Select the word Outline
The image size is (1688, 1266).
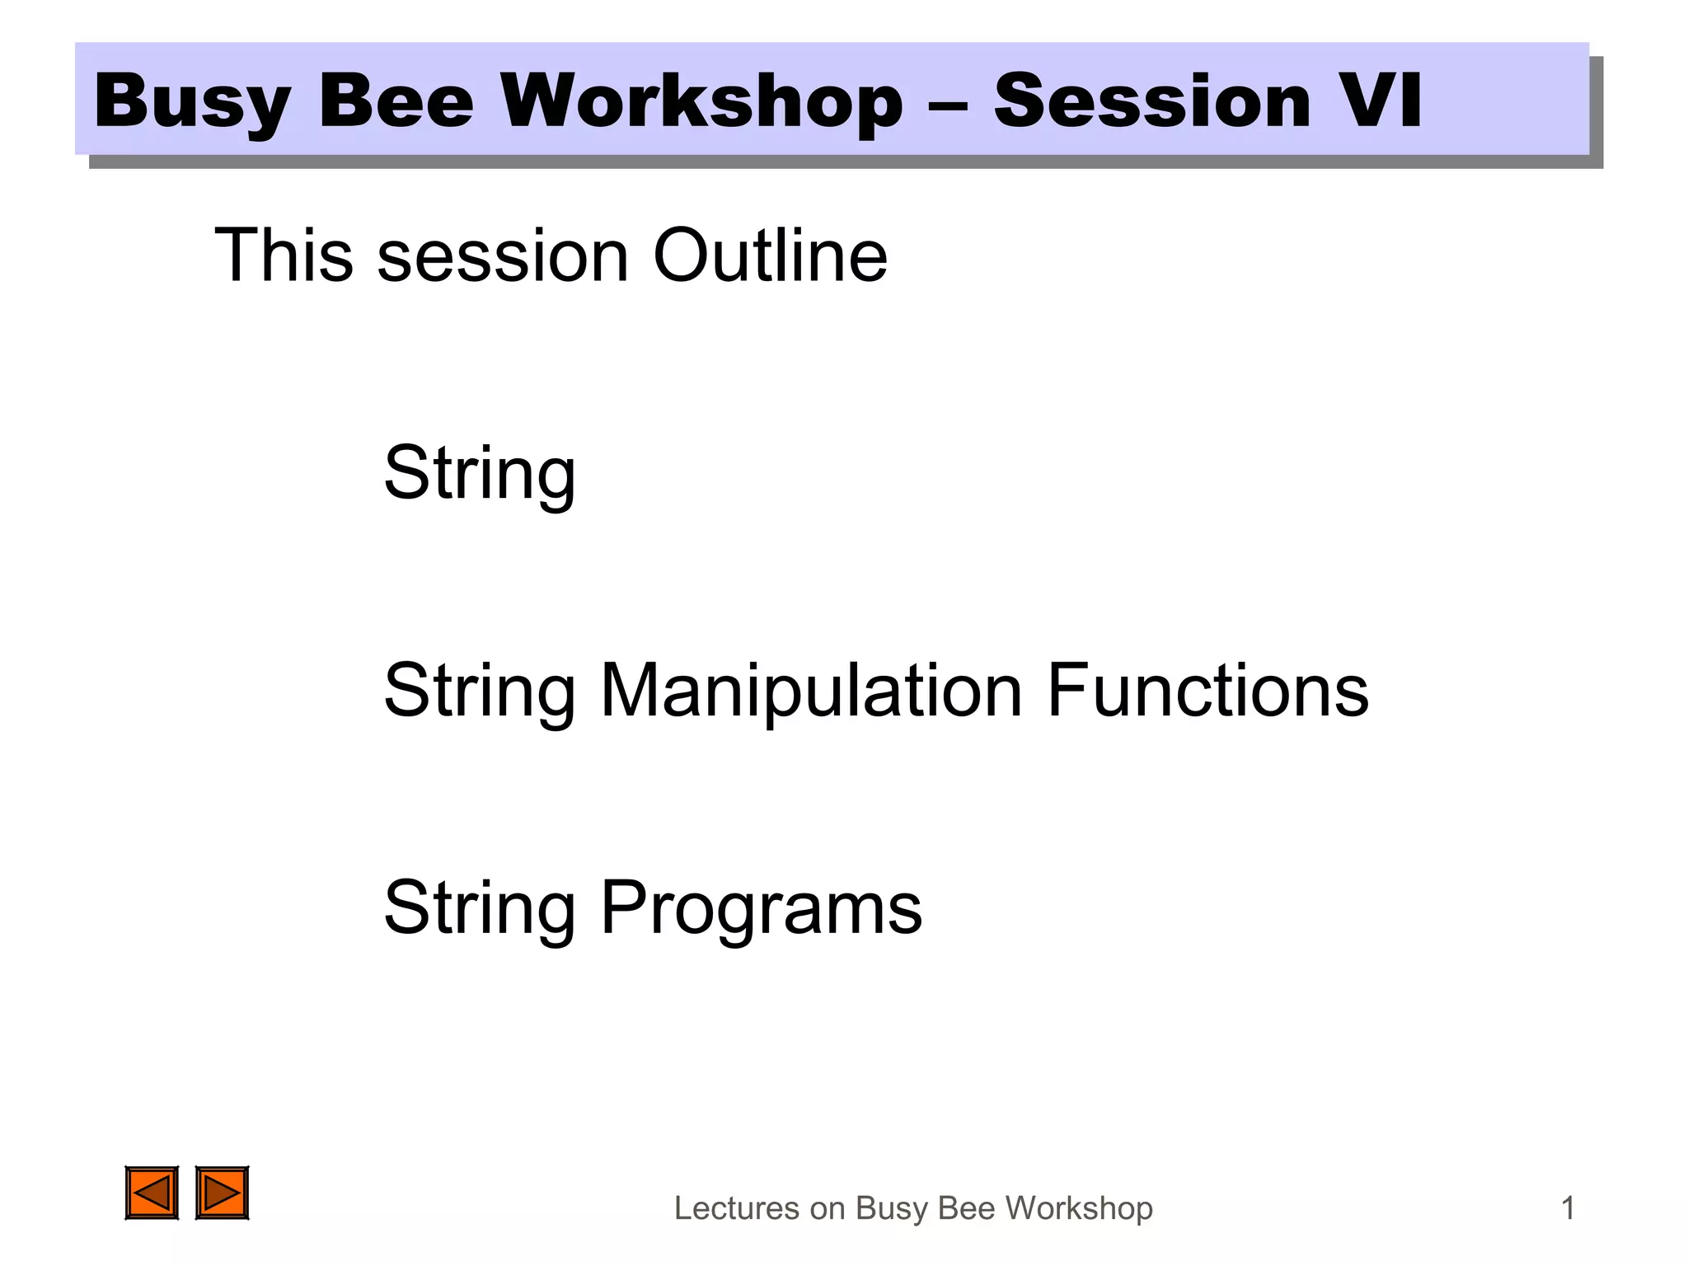coord(770,256)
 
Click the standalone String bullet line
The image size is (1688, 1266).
coord(480,473)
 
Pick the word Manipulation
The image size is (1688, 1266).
coord(811,691)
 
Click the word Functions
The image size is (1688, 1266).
coord(1207,691)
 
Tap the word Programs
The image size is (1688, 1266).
coord(761,908)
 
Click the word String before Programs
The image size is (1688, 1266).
coord(480,908)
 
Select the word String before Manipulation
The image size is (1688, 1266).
coord(480,691)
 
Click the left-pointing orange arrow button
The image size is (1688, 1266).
coord(152,1193)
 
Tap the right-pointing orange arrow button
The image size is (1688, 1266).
coord(222,1193)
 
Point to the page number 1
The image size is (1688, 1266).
coord(1568,1208)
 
